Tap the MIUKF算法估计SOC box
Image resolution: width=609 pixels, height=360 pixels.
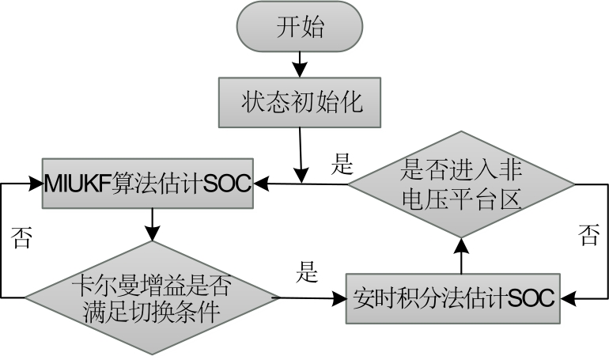(x=149, y=185)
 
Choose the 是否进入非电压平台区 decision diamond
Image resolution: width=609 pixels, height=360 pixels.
(x=462, y=184)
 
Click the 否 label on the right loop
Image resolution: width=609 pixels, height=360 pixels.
(x=588, y=236)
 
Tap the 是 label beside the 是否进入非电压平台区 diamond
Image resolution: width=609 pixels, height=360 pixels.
(x=341, y=165)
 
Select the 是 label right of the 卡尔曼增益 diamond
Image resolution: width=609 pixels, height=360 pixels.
(x=306, y=274)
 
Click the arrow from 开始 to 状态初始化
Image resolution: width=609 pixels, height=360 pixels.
(x=299, y=63)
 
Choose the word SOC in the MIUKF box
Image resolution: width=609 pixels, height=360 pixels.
(x=227, y=185)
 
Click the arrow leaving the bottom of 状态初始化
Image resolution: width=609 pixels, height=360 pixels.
(x=301, y=150)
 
